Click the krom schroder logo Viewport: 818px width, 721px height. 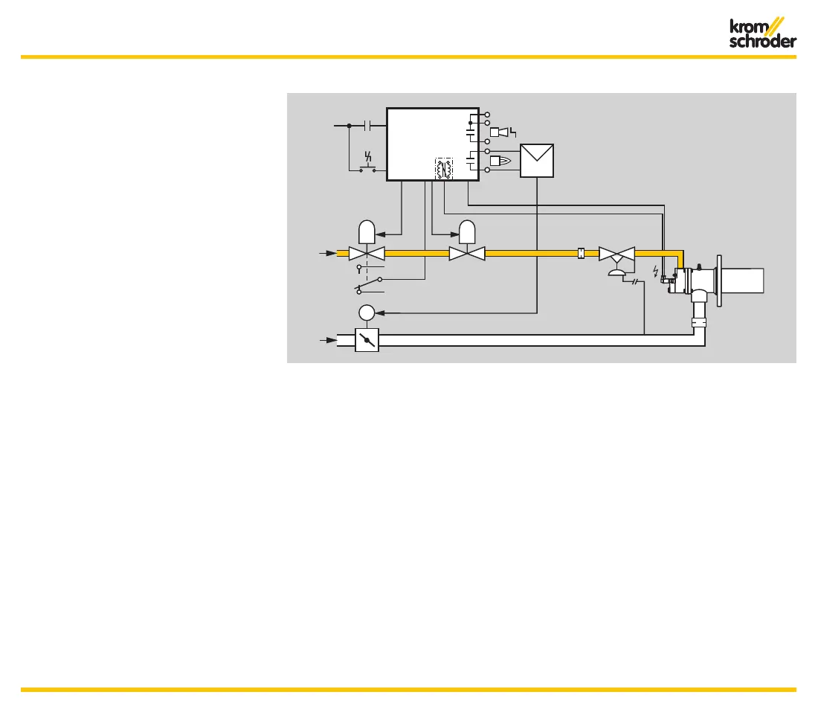point(761,33)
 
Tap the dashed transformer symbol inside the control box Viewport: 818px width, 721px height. point(443,169)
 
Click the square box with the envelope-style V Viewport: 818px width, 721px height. point(537,160)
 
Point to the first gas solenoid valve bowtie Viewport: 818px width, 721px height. point(367,254)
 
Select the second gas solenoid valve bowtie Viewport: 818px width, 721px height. point(467,254)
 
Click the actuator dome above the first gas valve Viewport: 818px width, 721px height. point(367,232)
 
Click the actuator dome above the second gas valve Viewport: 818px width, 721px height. point(467,232)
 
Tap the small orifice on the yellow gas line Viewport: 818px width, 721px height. point(582,254)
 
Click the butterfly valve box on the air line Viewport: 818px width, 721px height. point(367,340)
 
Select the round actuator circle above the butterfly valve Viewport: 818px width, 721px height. point(367,312)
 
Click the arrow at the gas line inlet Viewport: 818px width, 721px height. point(328,254)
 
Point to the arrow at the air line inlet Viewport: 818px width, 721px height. point(328,340)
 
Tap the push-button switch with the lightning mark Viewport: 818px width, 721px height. point(367,164)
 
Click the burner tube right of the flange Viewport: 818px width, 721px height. point(743,281)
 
